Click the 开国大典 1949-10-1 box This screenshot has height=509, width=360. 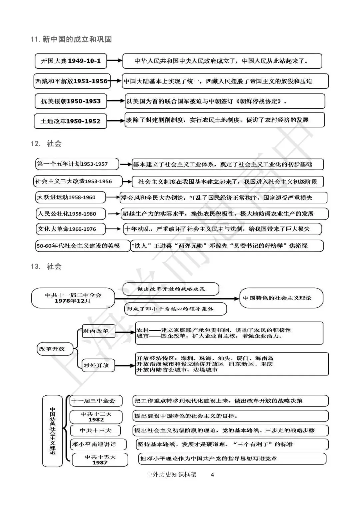[x=71, y=61]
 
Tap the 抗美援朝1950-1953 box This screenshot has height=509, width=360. [x=71, y=101]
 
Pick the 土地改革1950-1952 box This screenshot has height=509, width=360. [x=70, y=121]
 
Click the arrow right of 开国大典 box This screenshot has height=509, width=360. [x=115, y=61]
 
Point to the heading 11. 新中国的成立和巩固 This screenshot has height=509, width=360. [x=71, y=39]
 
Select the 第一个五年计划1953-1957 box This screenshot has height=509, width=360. [x=77, y=164]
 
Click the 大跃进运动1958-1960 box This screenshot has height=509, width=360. [x=71, y=197]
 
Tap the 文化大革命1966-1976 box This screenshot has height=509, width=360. [x=71, y=229]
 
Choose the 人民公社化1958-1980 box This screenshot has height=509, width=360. [x=71, y=214]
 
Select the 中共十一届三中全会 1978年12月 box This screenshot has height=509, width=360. [x=73, y=298]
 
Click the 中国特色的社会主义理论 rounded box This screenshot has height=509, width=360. [x=281, y=298]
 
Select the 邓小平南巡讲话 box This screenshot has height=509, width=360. [x=98, y=444]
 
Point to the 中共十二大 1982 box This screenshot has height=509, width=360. [x=96, y=417]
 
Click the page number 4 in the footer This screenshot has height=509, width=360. [x=213, y=475]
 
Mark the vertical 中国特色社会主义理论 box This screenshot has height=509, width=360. [x=52, y=431]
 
